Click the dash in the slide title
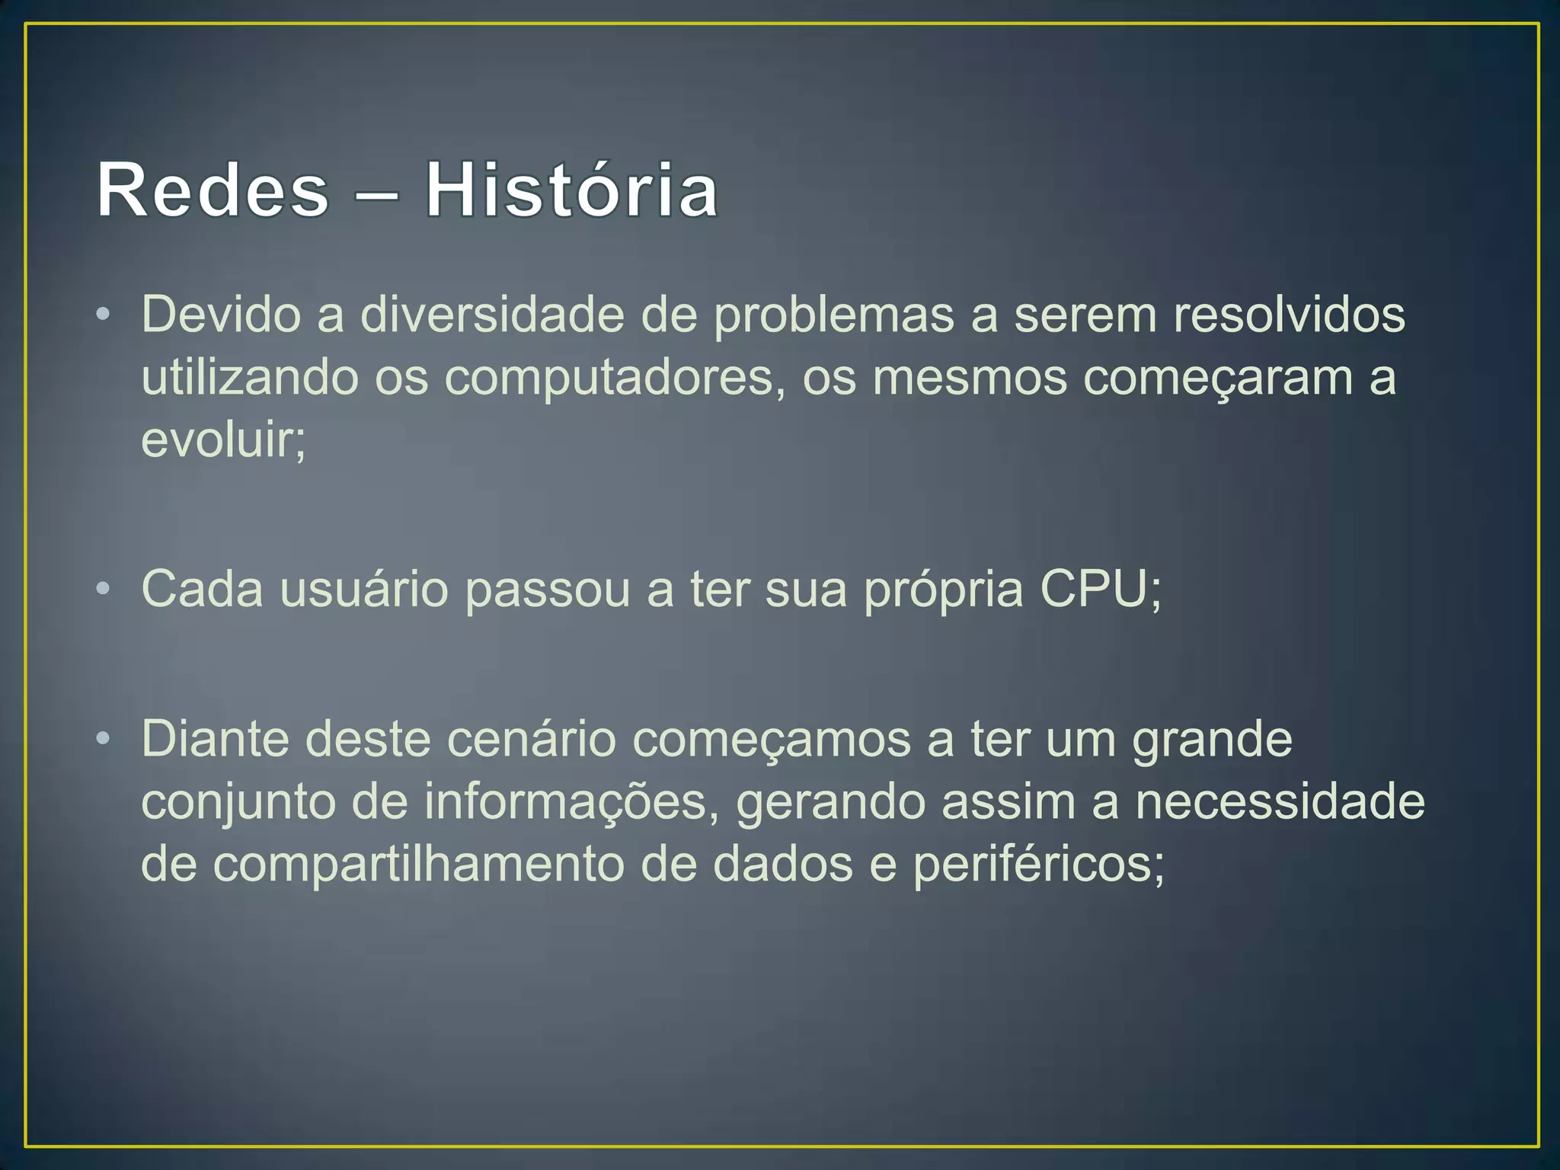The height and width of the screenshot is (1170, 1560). point(376,192)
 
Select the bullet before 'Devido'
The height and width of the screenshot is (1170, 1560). point(104,315)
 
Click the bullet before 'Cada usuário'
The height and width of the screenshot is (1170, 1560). point(104,589)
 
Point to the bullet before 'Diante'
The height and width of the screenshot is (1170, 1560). point(104,739)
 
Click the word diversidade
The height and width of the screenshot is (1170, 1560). point(492,315)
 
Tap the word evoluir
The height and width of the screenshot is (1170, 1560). point(222,440)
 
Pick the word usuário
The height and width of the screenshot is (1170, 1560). point(364,589)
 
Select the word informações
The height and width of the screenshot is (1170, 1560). point(571,801)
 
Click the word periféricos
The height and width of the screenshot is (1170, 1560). point(1038,865)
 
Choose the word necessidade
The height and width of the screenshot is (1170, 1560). point(1280,801)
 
